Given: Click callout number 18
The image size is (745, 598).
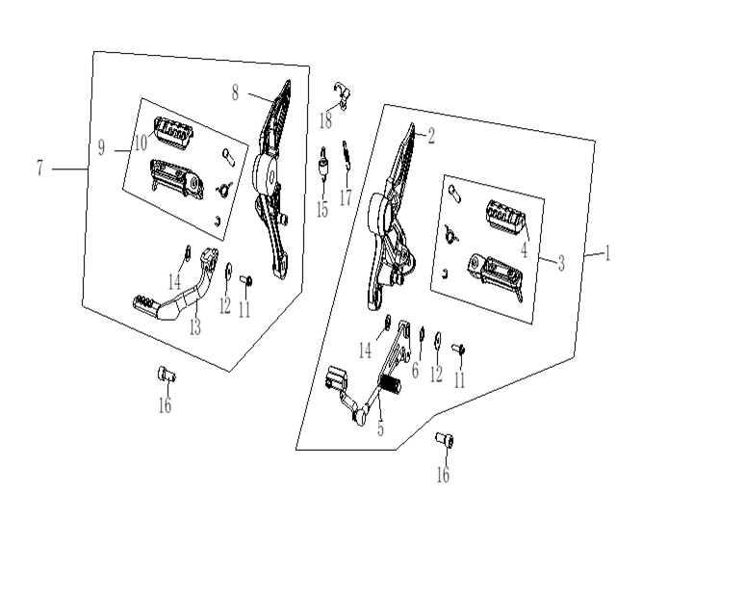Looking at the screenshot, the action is pos(325,120).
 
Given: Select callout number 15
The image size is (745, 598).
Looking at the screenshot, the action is pos(322,209).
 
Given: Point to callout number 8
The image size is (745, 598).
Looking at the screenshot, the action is pos(235,92).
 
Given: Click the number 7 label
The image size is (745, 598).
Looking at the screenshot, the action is pos(39,168).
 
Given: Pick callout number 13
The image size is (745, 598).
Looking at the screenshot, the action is pos(195,327).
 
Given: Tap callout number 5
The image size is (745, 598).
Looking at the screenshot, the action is pos(380,429).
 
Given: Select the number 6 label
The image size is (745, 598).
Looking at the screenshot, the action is pos(415,371).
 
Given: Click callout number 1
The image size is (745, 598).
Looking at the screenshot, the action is pos(607,253).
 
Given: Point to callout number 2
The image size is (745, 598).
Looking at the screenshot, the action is pos(431,137).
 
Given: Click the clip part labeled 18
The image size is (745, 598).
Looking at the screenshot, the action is pos(342,94).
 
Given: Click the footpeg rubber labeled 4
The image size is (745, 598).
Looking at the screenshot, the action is pos(505,217).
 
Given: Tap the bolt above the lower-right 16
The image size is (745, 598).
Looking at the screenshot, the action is pos(445,440).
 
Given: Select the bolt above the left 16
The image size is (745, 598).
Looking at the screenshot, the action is pos(167,374).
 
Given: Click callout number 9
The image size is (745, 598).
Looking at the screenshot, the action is pos(101,147).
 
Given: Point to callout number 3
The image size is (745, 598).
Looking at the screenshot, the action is pos(561,263).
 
